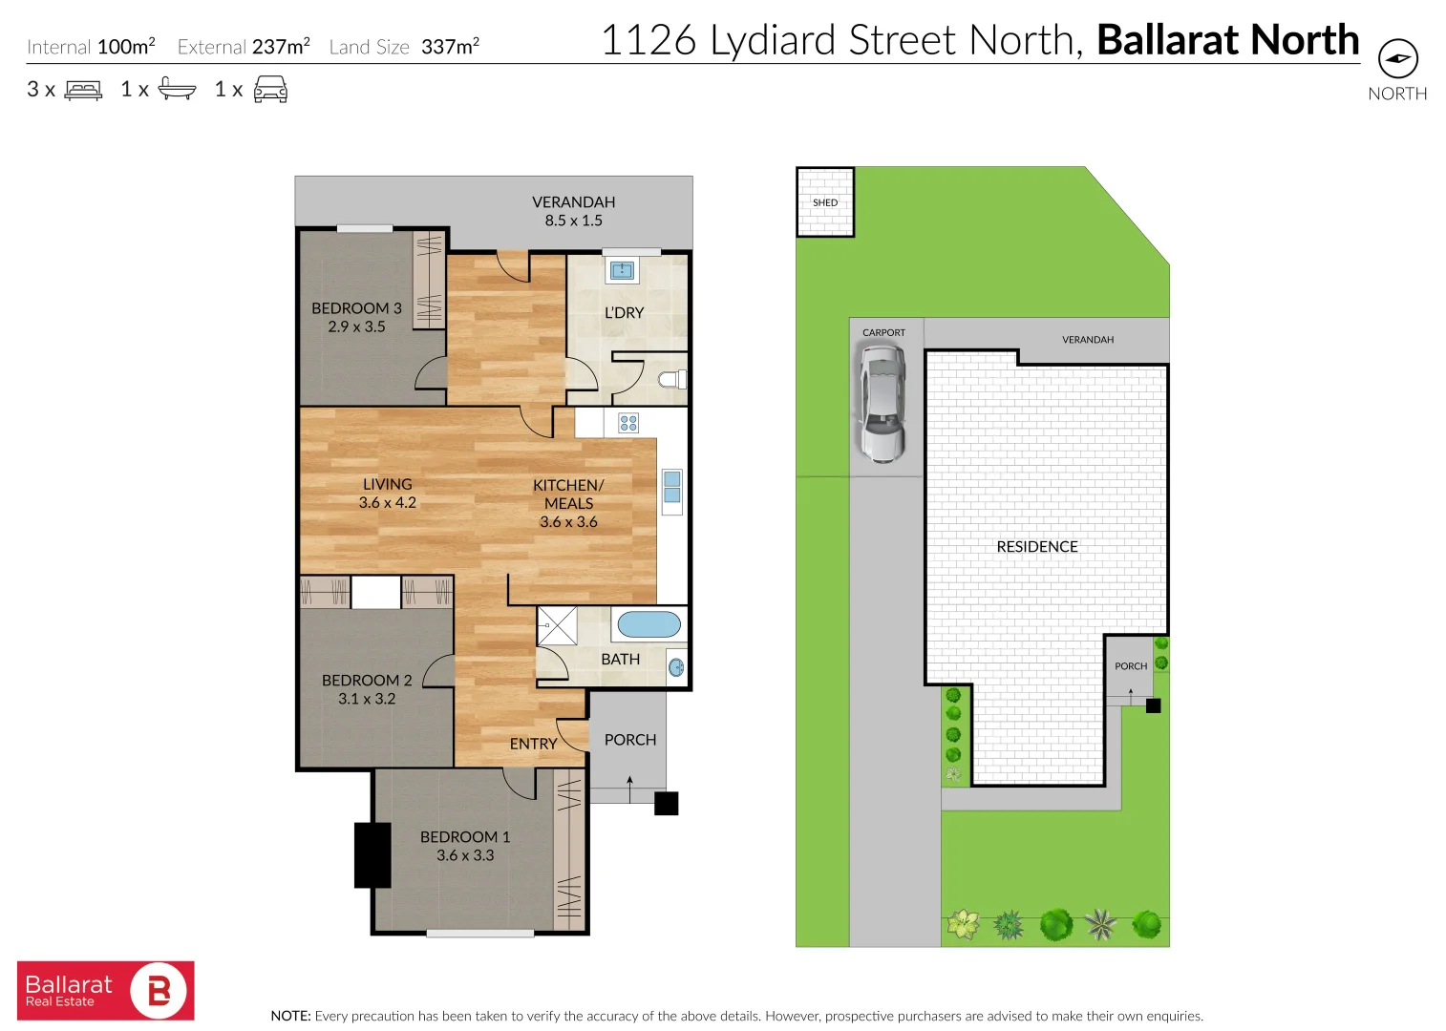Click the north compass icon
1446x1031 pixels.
pyautogui.click(x=1397, y=59)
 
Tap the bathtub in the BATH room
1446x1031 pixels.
pyautogui.click(x=649, y=624)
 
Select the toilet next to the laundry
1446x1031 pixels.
pyautogui.click(x=672, y=380)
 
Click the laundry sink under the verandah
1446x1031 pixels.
pyautogui.click(x=622, y=270)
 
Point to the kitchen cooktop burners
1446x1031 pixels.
pyautogui.click(x=628, y=423)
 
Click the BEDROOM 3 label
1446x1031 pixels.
pyautogui.click(x=356, y=308)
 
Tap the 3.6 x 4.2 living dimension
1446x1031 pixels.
pyautogui.click(x=387, y=502)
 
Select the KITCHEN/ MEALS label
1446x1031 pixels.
pyautogui.click(x=568, y=494)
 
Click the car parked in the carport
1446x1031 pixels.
pyautogui.click(x=882, y=403)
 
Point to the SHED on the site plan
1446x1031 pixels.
pyautogui.click(x=825, y=202)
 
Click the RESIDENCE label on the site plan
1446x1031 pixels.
pyautogui.click(x=1037, y=546)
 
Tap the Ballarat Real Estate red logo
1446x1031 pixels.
pyautogui.click(x=105, y=991)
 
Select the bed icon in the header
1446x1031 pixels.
pyautogui.click(x=83, y=90)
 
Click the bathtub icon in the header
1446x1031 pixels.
pyautogui.click(x=177, y=89)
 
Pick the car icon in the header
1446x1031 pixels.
pyautogui.click(x=270, y=90)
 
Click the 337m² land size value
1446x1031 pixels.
pyautogui.click(x=450, y=46)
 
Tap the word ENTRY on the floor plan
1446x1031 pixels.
pyautogui.click(x=533, y=744)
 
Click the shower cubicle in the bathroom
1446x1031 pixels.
pyautogui.click(x=557, y=626)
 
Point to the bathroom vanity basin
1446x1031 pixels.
pyautogui.click(x=676, y=667)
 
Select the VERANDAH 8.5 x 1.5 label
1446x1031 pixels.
pyautogui.click(x=573, y=211)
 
